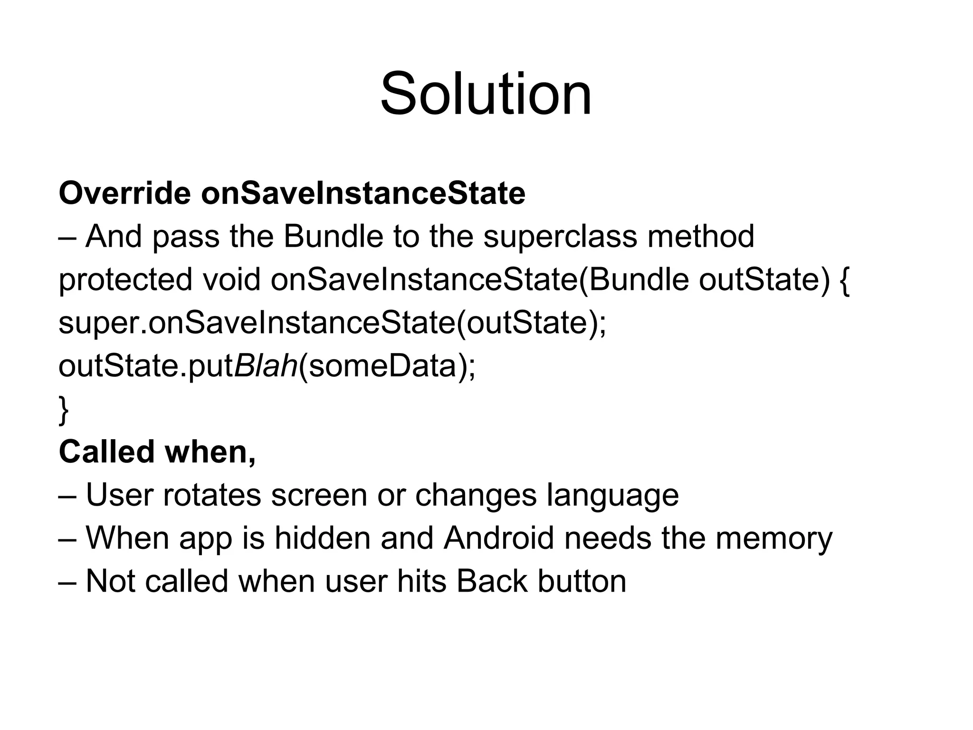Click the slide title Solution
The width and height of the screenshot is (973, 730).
[486, 94]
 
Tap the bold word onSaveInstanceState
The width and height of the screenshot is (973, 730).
[363, 193]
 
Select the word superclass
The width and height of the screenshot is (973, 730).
[560, 236]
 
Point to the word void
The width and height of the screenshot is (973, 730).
[232, 279]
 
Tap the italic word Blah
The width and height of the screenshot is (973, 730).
[266, 366]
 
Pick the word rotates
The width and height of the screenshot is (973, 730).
[212, 495]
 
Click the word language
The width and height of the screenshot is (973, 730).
[612, 496]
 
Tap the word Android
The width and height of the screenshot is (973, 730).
[499, 538]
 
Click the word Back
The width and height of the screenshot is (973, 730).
[492, 581]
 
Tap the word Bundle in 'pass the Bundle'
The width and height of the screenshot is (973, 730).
[333, 236]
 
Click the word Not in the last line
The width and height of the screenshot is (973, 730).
[110, 581]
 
